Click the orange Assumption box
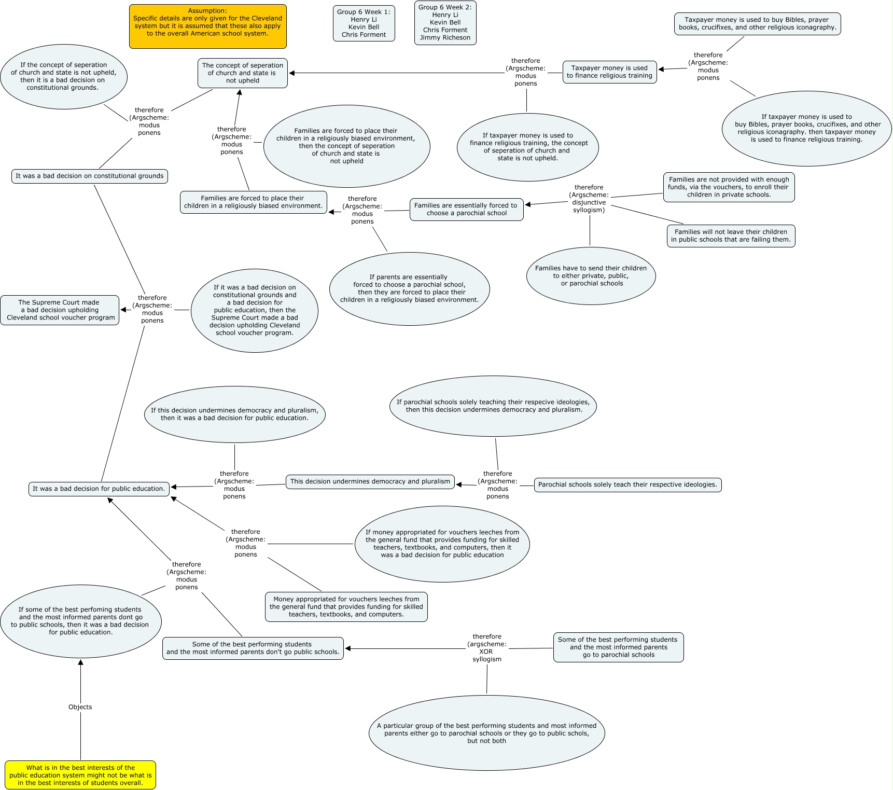coord(207,26)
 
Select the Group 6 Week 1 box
coord(364,23)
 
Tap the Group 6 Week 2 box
coord(445,23)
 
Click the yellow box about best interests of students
coord(80,775)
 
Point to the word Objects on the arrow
coord(80,707)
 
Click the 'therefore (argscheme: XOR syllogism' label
coord(487,648)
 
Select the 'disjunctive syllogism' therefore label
coord(589,199)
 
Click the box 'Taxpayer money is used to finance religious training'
coord(609,72)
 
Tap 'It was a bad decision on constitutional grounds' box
coord(90,176)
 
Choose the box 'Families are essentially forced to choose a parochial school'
coord(466,209)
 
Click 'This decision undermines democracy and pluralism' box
coord(370,481)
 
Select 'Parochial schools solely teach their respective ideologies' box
coord(627,484)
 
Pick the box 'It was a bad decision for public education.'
coord(99,489)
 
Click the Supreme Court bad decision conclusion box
coord(60,310)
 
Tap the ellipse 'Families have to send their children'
coord(591,275)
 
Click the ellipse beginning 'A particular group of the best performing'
coord(486,733)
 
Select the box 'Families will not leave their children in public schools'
coord(731,235)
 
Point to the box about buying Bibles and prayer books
coord(757,24)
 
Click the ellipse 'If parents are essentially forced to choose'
coord(409,288)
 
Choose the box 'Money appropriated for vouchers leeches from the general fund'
coord(346,606)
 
